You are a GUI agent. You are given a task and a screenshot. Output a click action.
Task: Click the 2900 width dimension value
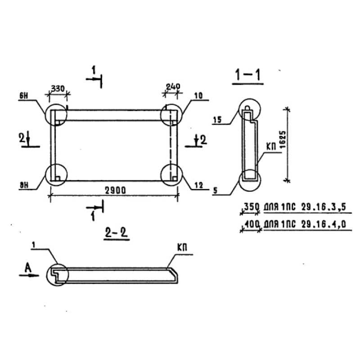tap(115, 190)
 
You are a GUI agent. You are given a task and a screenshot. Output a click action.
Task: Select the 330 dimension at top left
tap(58, 89)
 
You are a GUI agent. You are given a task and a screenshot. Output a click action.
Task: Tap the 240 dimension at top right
tap(173, 86)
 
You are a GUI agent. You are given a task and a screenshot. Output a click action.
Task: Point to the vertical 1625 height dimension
tap(283, 139)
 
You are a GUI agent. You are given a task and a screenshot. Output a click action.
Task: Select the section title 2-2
tap(117, 233)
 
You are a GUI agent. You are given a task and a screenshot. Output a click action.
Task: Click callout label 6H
tap(23, 96)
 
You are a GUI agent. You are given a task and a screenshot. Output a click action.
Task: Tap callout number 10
tap(198, 95)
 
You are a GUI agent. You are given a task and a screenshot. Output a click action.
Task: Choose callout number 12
tap(199, 185)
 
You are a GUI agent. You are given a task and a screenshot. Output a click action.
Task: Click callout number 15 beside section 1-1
tap(217, 120)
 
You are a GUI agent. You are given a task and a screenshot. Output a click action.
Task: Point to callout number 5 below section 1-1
tap(215, 190)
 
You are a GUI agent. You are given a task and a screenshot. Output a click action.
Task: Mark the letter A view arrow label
tap(28, 267)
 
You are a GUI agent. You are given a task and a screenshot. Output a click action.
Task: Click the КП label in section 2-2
tap(182, 247)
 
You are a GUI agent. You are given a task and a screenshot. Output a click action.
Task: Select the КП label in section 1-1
tap(271, 147)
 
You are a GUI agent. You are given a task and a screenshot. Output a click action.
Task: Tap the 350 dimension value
tap(252, 207)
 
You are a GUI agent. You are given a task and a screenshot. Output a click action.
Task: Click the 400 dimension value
tap(252, 224)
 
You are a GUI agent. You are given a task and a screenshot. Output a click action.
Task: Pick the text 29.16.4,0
tap(324, 224)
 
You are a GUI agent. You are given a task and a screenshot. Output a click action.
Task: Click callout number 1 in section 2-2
tap(34, 245)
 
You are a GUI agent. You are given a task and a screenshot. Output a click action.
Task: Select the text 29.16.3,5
tap(324, 207)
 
